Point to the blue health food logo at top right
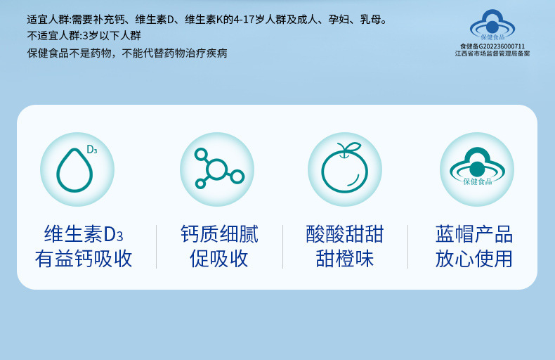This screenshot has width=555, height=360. [x=492, y=25]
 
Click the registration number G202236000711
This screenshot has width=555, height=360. [x=502, y=46]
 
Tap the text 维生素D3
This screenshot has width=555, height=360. [x=84, y=234]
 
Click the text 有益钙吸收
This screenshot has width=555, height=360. [x=84, y=258]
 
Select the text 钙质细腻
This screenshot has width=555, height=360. [x=219, y=234]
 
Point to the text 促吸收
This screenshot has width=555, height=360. [x=219, y=258]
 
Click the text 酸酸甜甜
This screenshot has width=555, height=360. [x=345, y=234]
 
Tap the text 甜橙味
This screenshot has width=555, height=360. [x=345, y=258]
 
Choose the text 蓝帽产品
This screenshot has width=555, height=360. [x=474, y=234]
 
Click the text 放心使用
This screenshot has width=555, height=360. [x=474, y=258]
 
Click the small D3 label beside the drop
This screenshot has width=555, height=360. [x=91, y=150]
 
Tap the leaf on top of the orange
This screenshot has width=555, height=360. [x=353, y=146]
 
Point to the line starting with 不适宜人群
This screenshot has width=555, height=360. [x=84, y=35]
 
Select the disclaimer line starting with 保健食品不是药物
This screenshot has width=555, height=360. [x=127, y=53]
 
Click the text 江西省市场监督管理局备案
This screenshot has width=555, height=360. [x=492, y=53]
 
